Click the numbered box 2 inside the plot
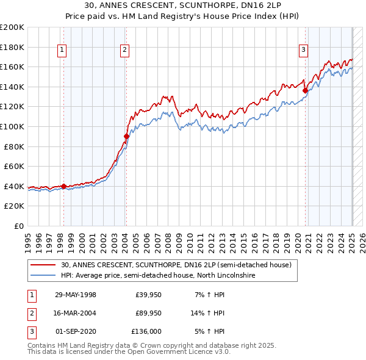124,51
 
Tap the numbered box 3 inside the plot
303,51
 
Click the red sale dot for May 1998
63,186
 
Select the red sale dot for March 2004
126,136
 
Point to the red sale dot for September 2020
305,90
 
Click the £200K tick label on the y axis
12,27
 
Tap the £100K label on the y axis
12,126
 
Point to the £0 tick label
18,226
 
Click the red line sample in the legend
44,265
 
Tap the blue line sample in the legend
44,276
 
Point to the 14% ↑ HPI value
208,313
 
